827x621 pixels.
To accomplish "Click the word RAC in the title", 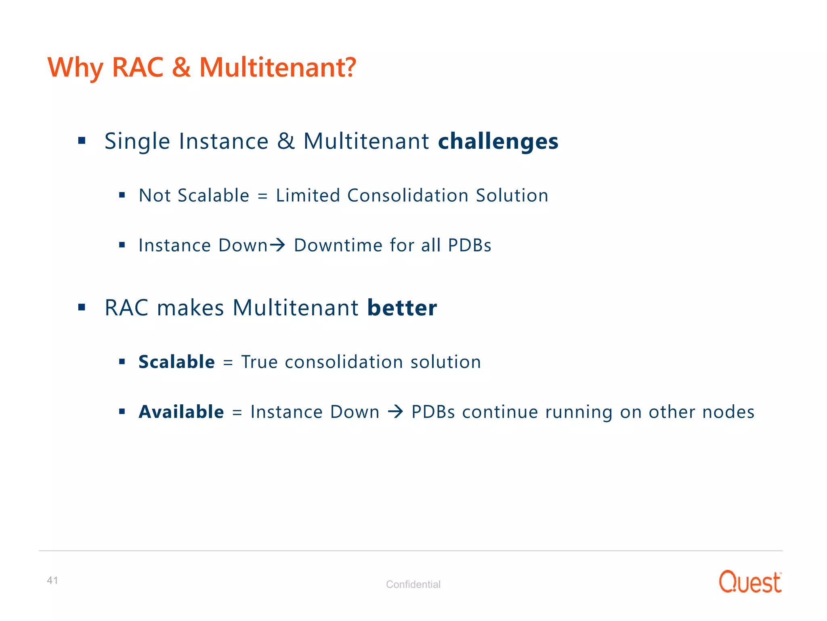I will click(x=137, y=67).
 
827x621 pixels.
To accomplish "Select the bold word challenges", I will click(x=498, y=142).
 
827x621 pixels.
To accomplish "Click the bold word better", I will click(x=402, y=308).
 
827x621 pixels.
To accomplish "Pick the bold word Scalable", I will click(x=176, y=362).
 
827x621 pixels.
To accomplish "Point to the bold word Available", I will click(x=181, y=412).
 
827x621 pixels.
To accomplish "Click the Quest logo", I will click(x=750, y=582).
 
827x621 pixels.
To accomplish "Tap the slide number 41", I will click(x=52, y=581).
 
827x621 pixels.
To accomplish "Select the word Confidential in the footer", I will click(x=413, y=584).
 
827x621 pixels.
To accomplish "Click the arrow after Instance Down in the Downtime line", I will click(x=278, y=245).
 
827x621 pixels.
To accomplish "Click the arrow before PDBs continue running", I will click(x=395, y=412).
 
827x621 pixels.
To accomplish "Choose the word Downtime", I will click(x=338, y=245).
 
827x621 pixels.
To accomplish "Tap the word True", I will click(x=259, y=362).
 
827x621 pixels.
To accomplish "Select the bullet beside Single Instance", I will click(x=82, y=141).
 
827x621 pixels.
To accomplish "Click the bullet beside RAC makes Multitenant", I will click(x=82, y=308).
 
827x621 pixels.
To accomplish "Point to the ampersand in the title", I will click(x=181, y=67).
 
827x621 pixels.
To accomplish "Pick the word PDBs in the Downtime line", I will click(x=469, y=245).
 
